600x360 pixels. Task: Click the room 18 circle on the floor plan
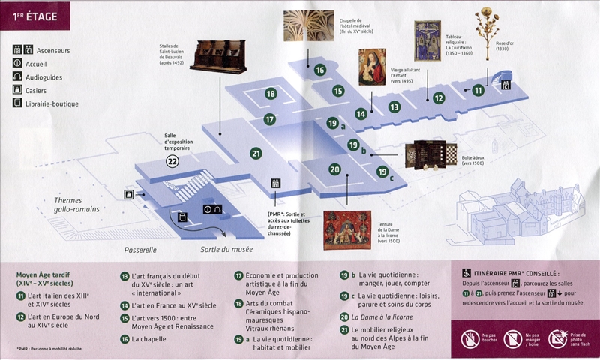pos(271,94)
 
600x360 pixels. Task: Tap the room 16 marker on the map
pos(319,70)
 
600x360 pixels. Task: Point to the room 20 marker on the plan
pos(334,169)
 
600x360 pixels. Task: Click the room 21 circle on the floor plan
pos(256,153)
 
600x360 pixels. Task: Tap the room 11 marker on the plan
pos(478,90)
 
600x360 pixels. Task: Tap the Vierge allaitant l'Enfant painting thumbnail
pos(373,65)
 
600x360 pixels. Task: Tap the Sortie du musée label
pos(226,249)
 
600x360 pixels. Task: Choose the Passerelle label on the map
pos(144,249)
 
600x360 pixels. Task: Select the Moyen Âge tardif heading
pos(51,279)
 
